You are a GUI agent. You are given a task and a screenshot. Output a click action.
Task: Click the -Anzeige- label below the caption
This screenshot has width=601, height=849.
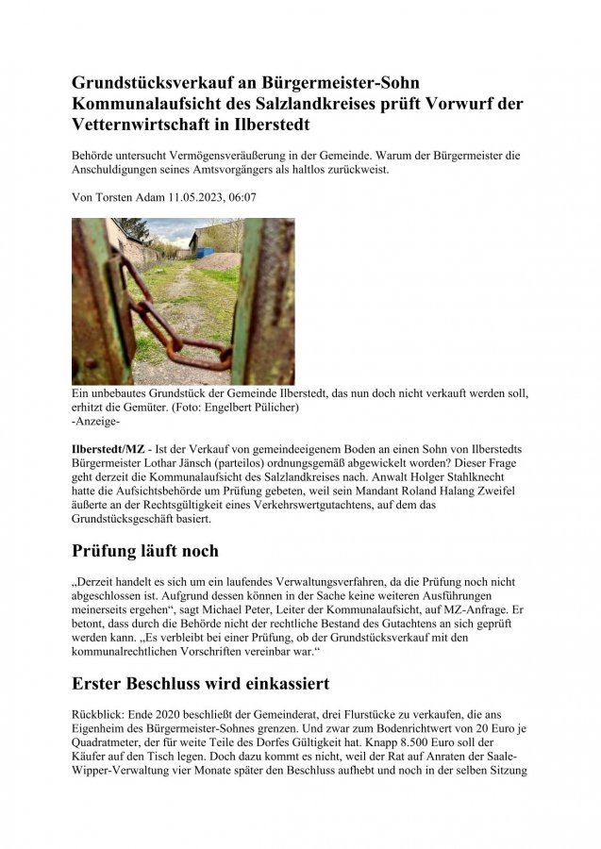point(95,421)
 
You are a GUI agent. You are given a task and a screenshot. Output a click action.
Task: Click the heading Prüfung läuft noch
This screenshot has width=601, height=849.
point(145,550)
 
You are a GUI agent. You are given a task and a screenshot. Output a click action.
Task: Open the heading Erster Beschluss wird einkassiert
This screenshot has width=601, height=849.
point(200,681)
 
